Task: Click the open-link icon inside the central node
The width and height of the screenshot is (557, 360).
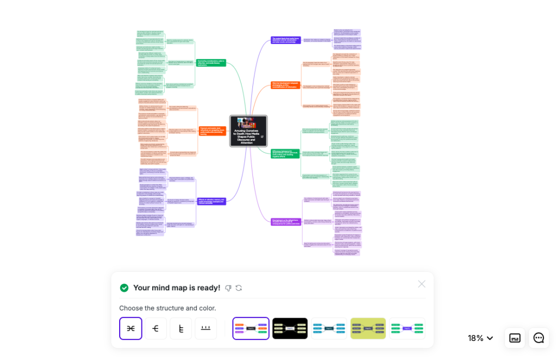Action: pyautogui.click(x=262, y=136)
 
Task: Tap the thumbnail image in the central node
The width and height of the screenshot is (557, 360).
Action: pyautogui.click(x=244, y=122)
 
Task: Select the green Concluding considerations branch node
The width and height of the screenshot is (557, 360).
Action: pyautogui.click(x=211, y=63)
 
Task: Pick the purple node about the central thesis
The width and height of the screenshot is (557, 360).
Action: pyautogui.click(x=286, y=40)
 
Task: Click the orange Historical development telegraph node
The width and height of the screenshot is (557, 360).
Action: pyautogui.click(x=286, y=85)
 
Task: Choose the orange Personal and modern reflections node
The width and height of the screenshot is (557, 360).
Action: pyautogui.click(x=212, y=131)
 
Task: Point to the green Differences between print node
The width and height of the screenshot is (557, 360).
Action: pyautogui.click(x=286, y=153)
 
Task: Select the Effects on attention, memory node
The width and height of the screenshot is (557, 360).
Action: pyautogui.click(x=211, y=201)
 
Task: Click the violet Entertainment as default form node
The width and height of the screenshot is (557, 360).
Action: pyautogui.click(x=286, y=221)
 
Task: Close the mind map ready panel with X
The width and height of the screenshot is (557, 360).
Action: pyautogui.click(x=422, y=284)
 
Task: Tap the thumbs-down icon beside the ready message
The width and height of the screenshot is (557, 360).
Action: pyautogui.click(x=228, y=288)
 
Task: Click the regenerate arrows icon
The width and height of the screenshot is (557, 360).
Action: pyautogui.click(x=239, y=288)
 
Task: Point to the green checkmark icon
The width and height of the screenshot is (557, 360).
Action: pyautogui.click(x=124, y=288)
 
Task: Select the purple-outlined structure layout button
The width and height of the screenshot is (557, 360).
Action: pyautogui.click(x=131, y=328)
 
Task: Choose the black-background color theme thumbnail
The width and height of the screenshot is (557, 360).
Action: pyautogui.click(x=290, y=328)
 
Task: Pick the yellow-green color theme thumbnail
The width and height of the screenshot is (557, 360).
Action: pyautogui.click(x=368, y=328)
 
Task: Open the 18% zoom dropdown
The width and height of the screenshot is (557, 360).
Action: pyautogui.click(x=480, y=338)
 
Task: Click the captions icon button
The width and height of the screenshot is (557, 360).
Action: pyautogui.click(x=515, y=338)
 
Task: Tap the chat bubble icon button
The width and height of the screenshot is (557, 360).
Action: pyautogui.click(x=539, y=338)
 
